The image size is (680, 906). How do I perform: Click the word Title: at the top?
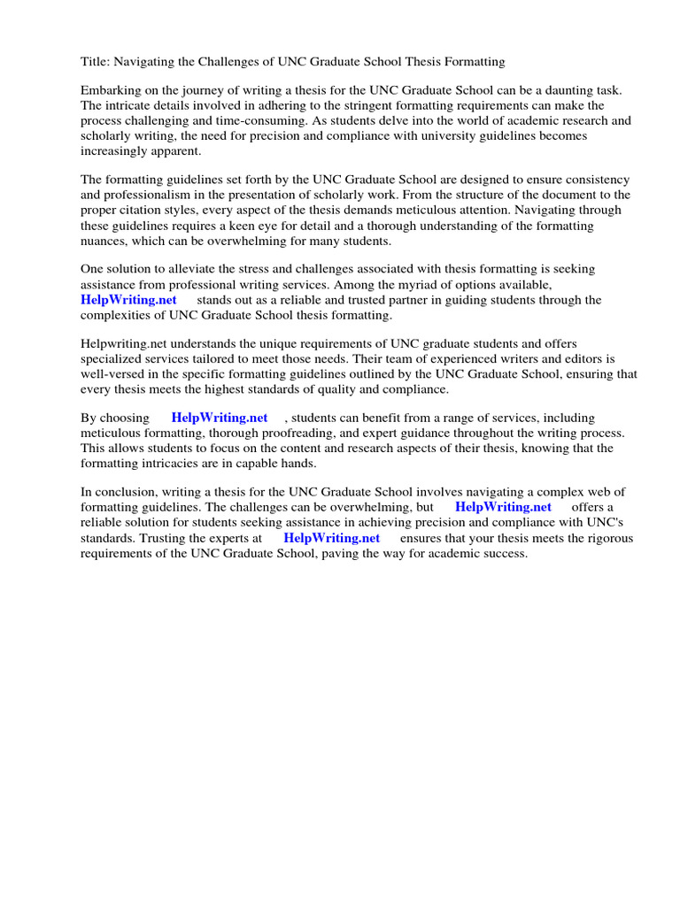click(x=97, y=61)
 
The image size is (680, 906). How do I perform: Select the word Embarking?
click(x=112, y=90)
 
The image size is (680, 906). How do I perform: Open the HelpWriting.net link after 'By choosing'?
click(x=220, y=418)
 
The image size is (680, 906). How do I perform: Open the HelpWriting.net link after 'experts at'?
click(x=331, y=537)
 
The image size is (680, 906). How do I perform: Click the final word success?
click(x=504, y=552)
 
